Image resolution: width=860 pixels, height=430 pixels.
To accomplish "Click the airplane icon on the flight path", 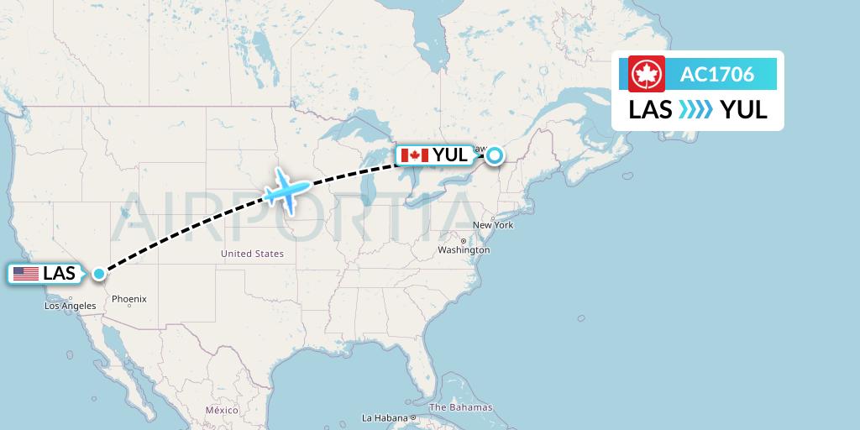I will click(x=285, y=189).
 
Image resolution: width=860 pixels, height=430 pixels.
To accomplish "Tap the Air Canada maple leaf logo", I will click(x=647, y=74).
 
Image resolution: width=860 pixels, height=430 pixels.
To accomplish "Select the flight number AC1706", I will click(x=716, y=75).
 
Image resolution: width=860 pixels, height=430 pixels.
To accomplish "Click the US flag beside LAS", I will click(x=25, y=274).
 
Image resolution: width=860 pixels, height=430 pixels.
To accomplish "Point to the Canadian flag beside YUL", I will click(x=415, y=155).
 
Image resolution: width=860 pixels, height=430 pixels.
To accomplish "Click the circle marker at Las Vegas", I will click(x=100, y=273).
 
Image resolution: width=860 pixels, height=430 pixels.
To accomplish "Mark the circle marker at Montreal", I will click(x=495, y=155).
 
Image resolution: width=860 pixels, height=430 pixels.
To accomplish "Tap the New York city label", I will click(x=493, y=225).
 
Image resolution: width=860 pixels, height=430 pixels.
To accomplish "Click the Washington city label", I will click(x=463, y=250).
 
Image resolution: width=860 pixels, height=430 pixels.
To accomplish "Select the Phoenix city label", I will click(x=129, y=298).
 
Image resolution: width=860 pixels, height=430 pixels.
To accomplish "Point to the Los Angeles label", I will click(x=71, y=307).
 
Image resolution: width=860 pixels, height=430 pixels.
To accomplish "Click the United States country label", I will click(x=252, y=254).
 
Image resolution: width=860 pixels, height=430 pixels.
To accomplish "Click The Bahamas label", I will click(x=460, y=408).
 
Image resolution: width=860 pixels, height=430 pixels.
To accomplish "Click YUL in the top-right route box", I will click(x=743, y=109).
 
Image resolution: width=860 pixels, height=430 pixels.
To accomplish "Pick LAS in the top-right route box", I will click(x=650, y=109).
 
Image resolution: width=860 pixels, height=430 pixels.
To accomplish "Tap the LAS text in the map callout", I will click(x=59, y=274).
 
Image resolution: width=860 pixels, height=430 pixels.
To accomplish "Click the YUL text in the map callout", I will click(x=450, y=155).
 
